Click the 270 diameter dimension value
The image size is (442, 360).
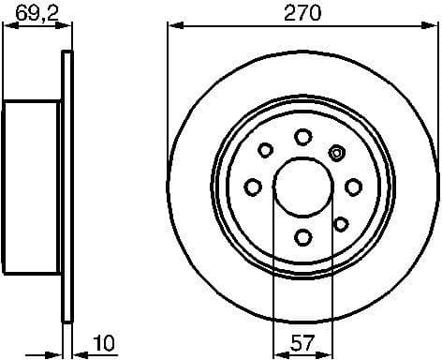(x=302, y=12)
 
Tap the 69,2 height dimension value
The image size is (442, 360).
(x=36, y=12)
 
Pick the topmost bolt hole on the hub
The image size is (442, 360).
(x=302, y=137)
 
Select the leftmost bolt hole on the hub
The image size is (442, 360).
(x=253, y=187)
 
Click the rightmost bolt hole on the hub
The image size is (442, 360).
(x=352, y=187)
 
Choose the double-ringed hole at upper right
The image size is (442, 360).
(x=338, y=150)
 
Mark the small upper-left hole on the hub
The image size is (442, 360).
(x=266, y=150)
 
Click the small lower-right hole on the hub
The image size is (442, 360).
(x=340, y=223)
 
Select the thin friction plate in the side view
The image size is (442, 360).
(x=66, y=187)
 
